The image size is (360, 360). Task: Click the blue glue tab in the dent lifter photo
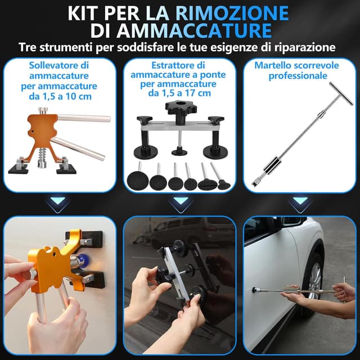coord(82,260)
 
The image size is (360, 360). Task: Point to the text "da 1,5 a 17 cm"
coord(179,93)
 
